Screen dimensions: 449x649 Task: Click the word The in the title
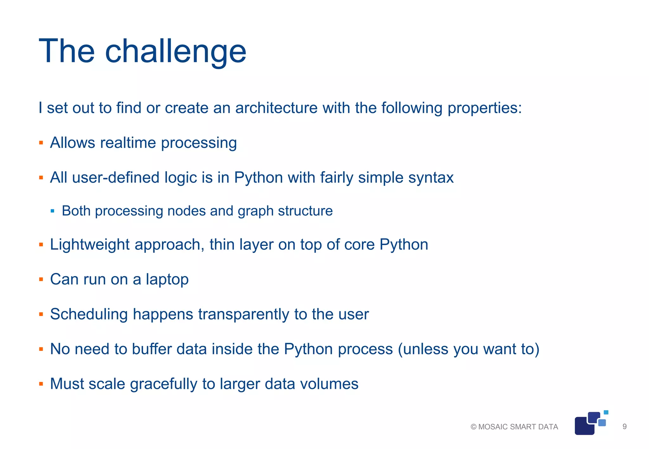67,52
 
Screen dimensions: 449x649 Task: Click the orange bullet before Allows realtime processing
41,143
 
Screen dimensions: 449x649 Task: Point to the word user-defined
116,178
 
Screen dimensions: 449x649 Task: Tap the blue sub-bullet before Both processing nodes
53,211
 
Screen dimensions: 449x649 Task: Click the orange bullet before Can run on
41,280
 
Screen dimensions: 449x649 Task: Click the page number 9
624,427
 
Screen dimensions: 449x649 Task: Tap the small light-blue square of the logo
606,412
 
